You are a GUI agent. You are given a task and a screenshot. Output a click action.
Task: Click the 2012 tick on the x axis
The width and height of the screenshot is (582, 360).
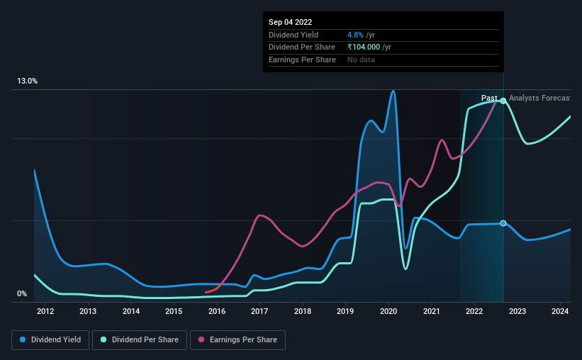point(45,311)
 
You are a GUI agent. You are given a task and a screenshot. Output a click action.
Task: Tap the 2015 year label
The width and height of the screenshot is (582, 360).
point(174,311)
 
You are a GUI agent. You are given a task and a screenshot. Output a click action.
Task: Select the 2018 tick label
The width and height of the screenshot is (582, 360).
point(303,311)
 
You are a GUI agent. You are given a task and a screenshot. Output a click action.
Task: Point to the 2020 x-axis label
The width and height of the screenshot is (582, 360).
point(388,311)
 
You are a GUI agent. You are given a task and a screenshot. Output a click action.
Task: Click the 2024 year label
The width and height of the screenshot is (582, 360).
point(560,311)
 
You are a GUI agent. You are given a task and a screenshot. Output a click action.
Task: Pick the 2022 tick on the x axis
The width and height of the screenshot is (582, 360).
point(474,311)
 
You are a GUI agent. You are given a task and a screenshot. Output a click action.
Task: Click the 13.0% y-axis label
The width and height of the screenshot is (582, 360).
point(28,81)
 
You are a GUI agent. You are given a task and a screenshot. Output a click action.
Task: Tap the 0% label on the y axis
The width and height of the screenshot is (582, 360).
point(22,294)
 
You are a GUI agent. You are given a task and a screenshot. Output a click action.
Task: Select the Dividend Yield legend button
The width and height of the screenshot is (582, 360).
point(50,340)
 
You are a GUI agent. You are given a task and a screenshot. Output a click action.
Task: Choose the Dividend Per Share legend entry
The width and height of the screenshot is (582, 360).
point(143,340)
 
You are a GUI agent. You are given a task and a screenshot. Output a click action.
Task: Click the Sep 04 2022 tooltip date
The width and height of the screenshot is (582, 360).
point(290,22)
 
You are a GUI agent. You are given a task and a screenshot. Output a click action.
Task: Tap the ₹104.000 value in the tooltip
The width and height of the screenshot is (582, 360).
point(364,47)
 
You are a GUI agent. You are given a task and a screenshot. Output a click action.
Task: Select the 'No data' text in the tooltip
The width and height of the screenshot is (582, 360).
point(361,60)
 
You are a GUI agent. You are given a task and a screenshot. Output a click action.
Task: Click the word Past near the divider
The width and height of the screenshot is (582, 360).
point(489,99)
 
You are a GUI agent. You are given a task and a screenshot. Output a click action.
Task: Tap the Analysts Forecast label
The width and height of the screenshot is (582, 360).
point(539,99)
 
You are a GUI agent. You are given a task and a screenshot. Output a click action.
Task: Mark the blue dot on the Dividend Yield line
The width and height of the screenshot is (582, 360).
point(503,223)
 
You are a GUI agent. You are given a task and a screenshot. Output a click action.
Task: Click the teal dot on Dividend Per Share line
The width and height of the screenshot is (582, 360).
point(503,101)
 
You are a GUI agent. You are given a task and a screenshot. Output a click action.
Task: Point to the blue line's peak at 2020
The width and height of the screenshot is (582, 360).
point(392,91)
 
